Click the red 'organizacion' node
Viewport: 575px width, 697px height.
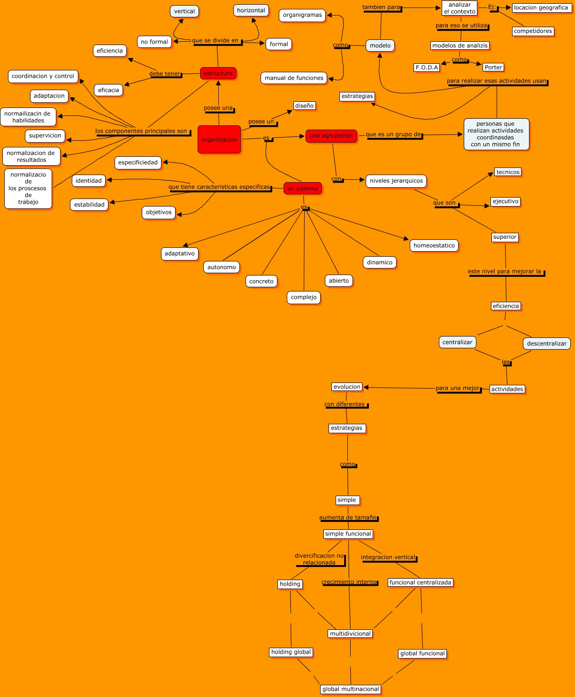point(219,139)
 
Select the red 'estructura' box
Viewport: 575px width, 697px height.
point(218,73)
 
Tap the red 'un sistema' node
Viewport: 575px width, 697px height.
point(303,188)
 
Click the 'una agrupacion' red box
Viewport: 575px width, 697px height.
point(331,136)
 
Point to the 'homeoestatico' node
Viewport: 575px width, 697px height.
point(434,245)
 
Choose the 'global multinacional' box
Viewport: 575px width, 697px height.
point(351,689)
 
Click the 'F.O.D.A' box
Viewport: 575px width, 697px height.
point(427,68)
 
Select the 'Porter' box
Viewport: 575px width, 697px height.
point(493,68)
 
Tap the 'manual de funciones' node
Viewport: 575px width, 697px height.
point(294,78)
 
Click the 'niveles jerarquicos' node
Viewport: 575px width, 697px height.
point(396,181)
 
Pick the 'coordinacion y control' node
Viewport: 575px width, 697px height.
point(43,76)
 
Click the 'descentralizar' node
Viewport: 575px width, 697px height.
point(547,344)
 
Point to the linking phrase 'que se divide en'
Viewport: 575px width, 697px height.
point(215,40)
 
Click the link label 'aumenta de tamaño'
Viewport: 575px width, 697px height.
point(348,517)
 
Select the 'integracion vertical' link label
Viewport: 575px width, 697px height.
point(388,557)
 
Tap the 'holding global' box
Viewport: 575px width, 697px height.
point(291,652)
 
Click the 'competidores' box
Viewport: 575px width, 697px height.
point(533,31)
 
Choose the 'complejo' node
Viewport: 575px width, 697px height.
point(304,298)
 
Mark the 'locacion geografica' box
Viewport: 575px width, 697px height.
point(541,8)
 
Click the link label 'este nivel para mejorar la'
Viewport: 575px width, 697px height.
point(505,272)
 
